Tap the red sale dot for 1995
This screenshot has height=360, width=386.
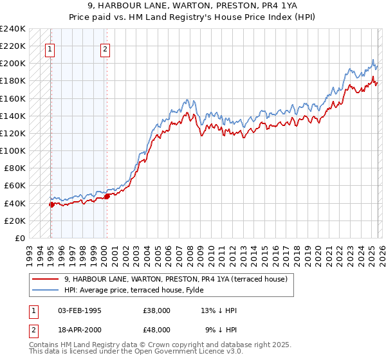pyautogui.click(x=51, y=204)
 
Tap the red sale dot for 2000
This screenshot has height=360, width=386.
pyautogui.click(x=107, y=196)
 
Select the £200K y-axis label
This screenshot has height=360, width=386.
pyautogui.click(x=13, y=64)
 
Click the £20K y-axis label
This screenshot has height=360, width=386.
pyautogui.click(x=15, y=221)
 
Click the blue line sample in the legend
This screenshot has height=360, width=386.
pyautogui.click(x=46, y=290)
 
